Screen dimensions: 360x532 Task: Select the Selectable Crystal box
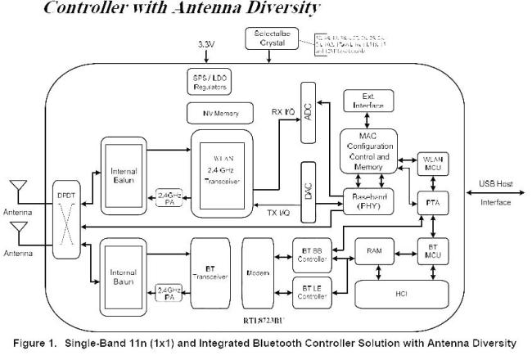coord(267,38)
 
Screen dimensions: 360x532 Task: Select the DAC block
coord(309,195)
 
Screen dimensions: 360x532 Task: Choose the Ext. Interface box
coord(368,102)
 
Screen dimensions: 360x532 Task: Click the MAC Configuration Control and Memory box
coord(368,151)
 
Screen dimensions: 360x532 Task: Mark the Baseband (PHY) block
coord(368,201)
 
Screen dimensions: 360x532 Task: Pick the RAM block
coord(376,251)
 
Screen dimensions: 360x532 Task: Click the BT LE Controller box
coord(311,290)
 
